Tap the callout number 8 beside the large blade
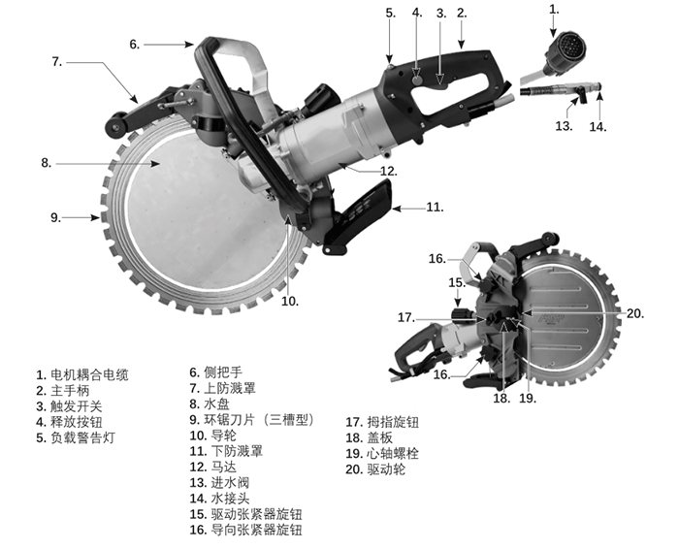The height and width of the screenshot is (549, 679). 46,164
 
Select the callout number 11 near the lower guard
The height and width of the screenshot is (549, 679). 435,207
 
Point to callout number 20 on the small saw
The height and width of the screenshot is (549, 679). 635,312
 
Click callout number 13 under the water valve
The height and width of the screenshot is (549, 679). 564,126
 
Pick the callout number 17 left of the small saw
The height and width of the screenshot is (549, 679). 405,317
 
